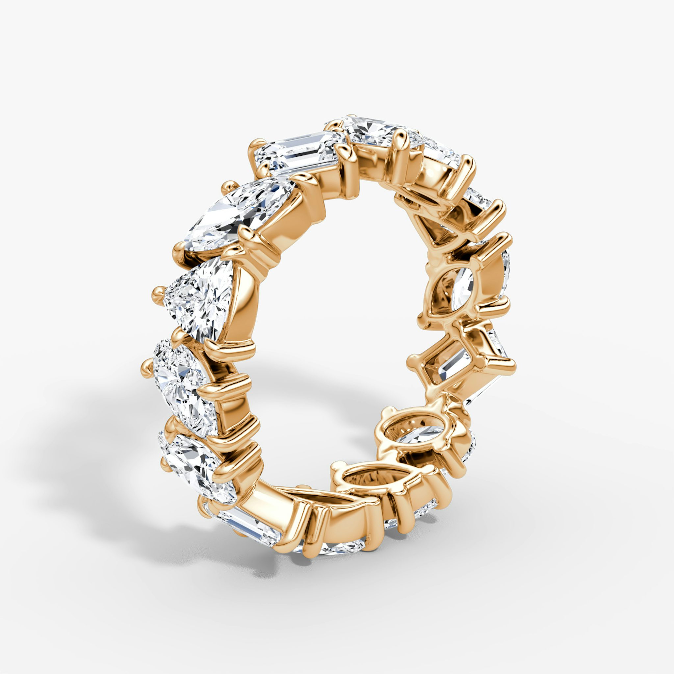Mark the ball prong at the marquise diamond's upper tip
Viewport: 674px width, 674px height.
230,187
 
